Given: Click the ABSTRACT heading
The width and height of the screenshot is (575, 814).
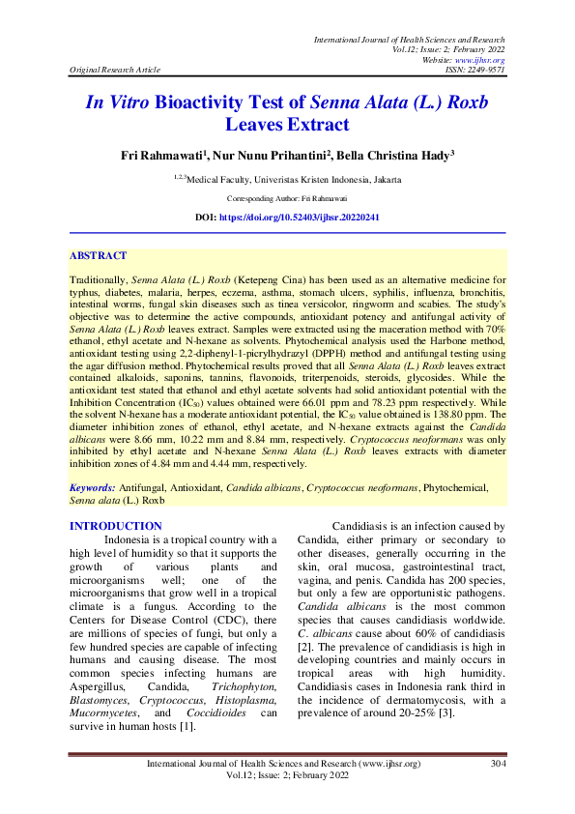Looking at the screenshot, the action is (x=98, y=256).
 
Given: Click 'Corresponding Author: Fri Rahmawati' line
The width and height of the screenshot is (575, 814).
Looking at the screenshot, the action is (x=287, y=196).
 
